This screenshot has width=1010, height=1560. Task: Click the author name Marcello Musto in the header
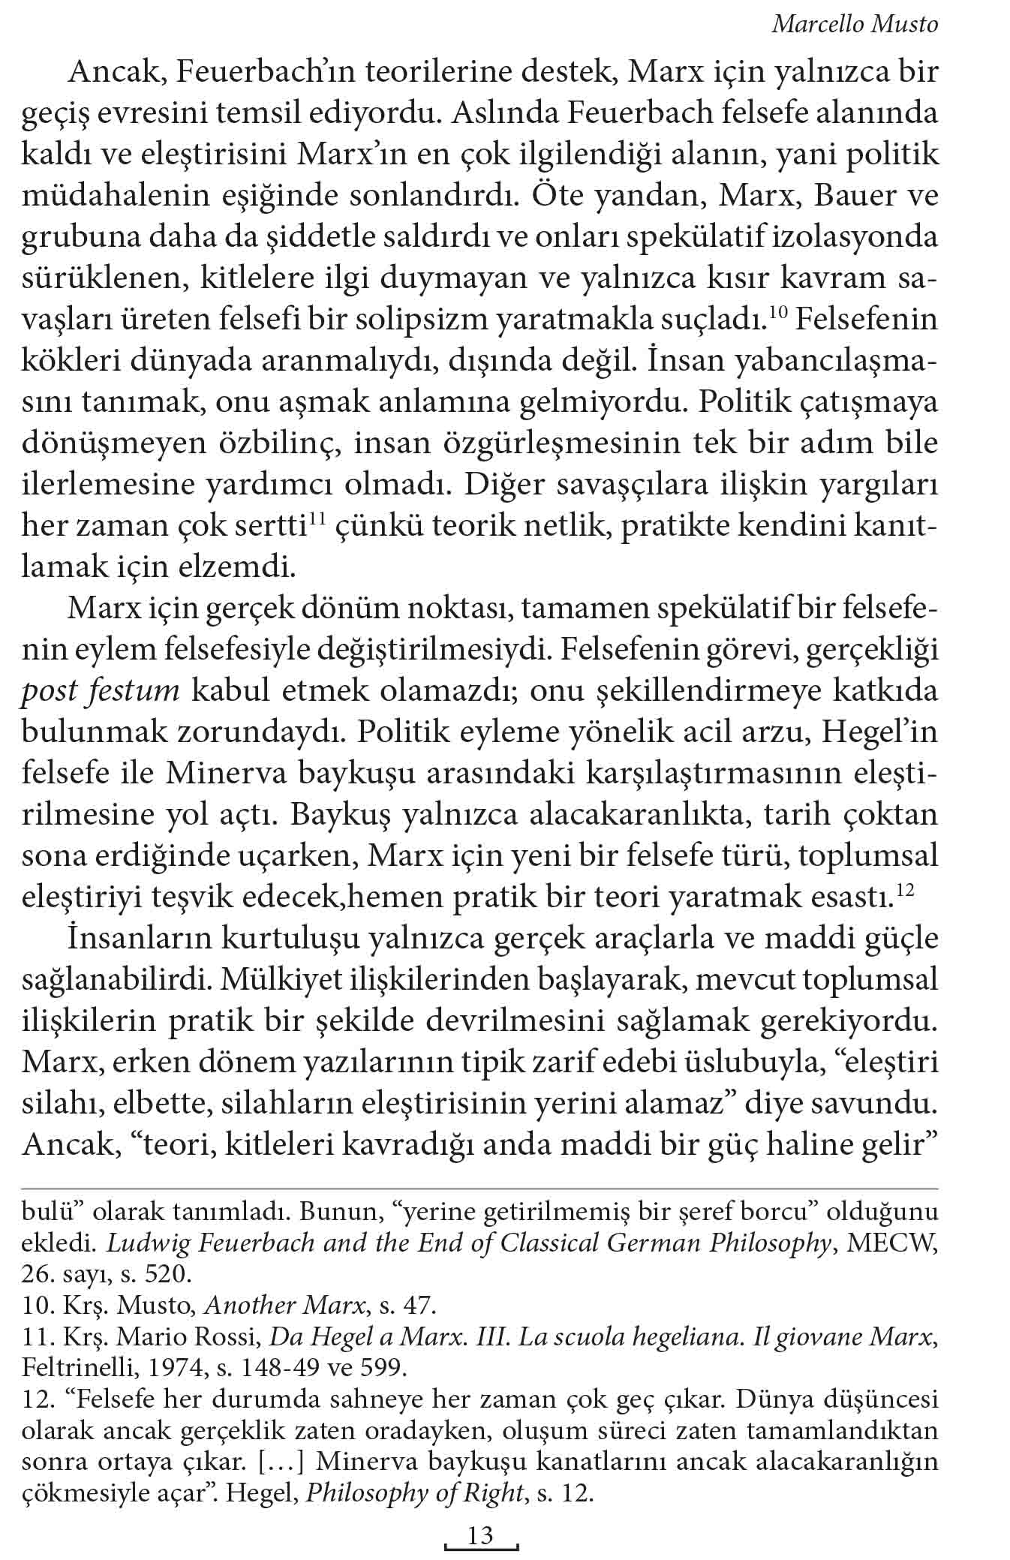855,25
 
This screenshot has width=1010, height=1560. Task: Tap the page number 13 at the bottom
480,1534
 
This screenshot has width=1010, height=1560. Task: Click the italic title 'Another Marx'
284,1305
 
